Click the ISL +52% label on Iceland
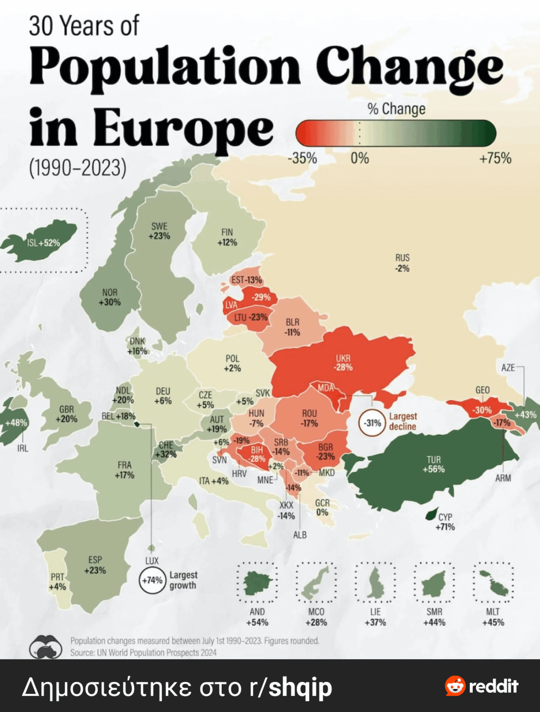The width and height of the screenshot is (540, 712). point(43,243)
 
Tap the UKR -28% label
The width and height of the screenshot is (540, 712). point(343,363)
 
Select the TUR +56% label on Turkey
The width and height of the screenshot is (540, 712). point(433,464)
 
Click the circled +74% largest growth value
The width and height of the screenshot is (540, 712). point(152,580)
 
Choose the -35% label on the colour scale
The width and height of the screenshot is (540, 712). point(302,159)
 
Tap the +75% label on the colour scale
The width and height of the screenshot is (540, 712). point(495,159)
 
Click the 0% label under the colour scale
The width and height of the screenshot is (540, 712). point(360,159)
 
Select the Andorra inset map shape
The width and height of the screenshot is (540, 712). point(258,583)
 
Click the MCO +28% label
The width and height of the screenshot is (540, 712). point(316,617)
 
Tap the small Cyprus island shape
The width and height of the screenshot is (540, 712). point(431,514)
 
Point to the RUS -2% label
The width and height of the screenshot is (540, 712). point(402,263)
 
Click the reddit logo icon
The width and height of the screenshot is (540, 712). point(455,686)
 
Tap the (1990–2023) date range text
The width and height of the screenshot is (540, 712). point(77,168)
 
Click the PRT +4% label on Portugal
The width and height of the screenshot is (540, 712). point(58,582)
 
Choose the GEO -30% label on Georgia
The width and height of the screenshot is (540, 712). point(482,410)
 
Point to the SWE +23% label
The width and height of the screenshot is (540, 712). point(159,231)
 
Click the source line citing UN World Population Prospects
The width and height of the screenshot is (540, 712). point(143,653)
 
